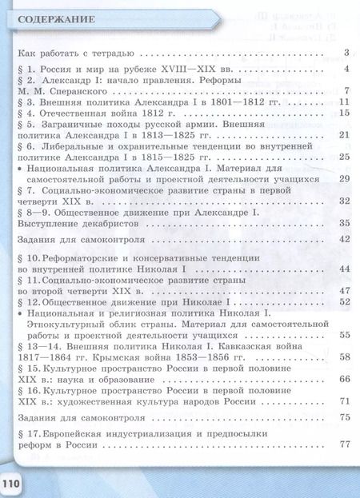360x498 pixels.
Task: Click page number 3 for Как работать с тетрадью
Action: [x=346, y=54]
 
